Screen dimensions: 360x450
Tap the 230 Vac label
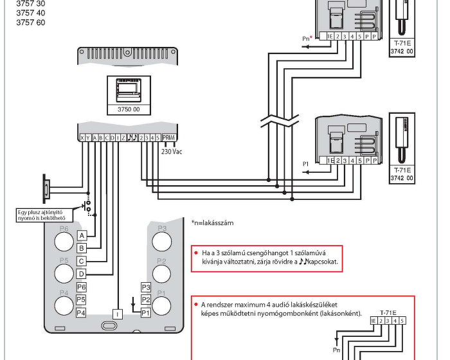172,152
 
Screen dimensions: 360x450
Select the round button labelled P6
64,240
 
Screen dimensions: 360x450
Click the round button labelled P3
162,240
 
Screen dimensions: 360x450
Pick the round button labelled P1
162,305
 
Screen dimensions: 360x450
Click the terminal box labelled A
82,236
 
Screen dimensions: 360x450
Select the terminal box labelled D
82,274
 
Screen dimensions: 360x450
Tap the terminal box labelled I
118,314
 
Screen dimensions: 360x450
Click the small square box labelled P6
82,287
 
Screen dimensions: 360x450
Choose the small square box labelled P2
146,300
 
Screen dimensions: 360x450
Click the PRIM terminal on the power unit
168,138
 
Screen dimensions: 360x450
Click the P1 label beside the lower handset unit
307,164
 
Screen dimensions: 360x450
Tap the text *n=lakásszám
212,223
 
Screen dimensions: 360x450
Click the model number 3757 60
30,22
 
